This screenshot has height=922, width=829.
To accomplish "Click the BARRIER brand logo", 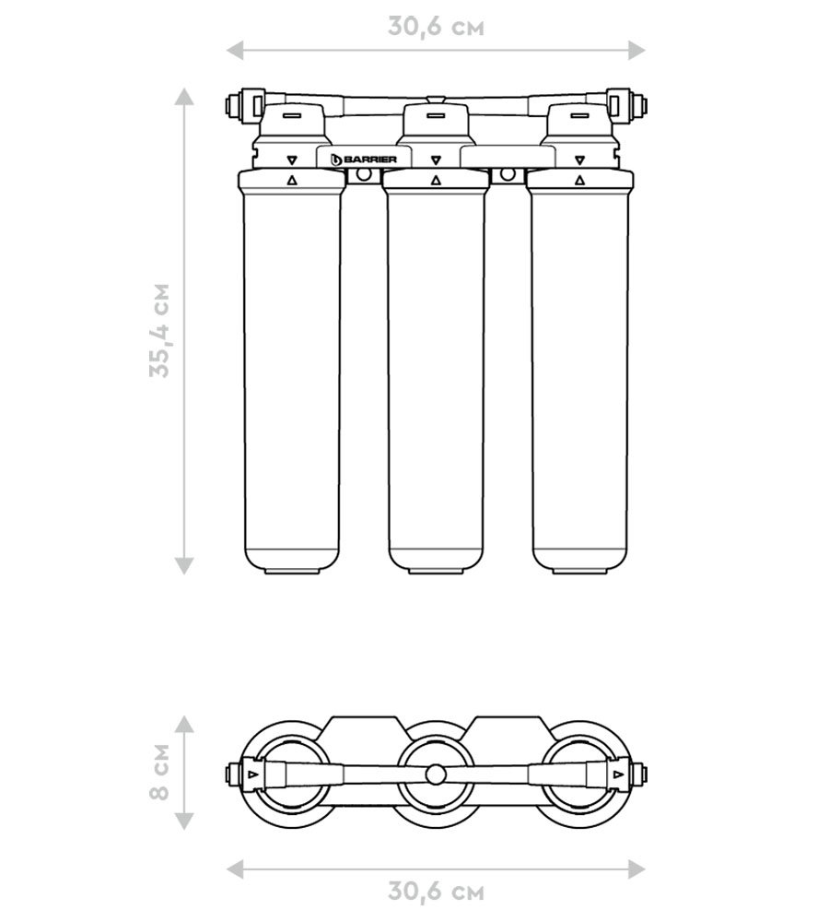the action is point(364,160).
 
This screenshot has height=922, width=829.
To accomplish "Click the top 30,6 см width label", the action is point(436,27).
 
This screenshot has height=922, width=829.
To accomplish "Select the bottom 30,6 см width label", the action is point(436,892).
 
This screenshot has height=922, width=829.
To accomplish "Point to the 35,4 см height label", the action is point(159,330).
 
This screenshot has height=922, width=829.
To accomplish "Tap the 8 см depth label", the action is point(158,772).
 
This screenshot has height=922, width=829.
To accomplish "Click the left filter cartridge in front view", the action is point(291,372).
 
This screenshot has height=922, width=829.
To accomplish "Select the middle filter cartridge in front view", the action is point(436,372).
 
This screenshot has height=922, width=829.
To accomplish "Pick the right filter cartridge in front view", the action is point(580,372).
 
